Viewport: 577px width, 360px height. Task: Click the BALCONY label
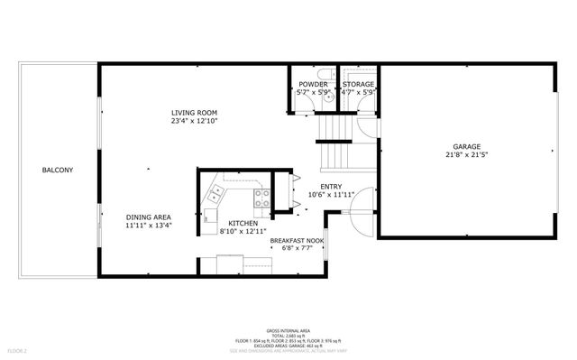click(56, 170)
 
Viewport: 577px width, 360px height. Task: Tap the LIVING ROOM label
click(195, 112)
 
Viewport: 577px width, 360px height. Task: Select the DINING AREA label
click(149, 217)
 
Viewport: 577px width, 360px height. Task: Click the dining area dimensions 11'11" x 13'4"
click(149, 226)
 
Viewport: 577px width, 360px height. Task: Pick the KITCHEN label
click(243, 223)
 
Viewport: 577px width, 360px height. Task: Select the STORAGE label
click(358, 84)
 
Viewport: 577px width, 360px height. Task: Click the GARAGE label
click(466, 146)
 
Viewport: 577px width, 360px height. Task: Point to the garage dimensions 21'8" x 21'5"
click(466, 154)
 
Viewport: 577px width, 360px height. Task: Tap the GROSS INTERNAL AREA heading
click(288, 331)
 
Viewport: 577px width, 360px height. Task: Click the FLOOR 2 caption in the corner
click(18, 350)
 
